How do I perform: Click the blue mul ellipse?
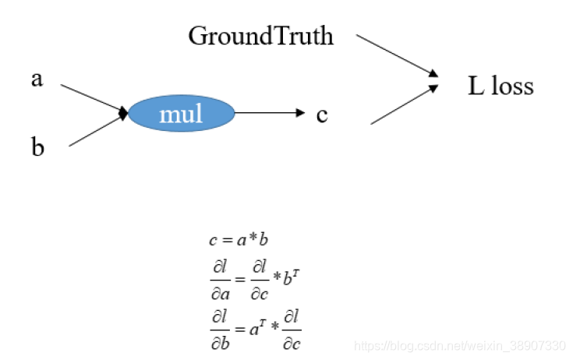[x=181, y=115]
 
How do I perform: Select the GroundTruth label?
[x=260, y=36]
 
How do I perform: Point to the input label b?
[x=37, y=148]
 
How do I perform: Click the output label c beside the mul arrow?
[x=322, y=115]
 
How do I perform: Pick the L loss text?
[x=500, y=85]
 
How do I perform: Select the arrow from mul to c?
[x=269, y=113]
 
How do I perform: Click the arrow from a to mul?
[x=92, y=99]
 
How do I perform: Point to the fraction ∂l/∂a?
[x=220, y=278]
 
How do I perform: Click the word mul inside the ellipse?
[x=181, y=115]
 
